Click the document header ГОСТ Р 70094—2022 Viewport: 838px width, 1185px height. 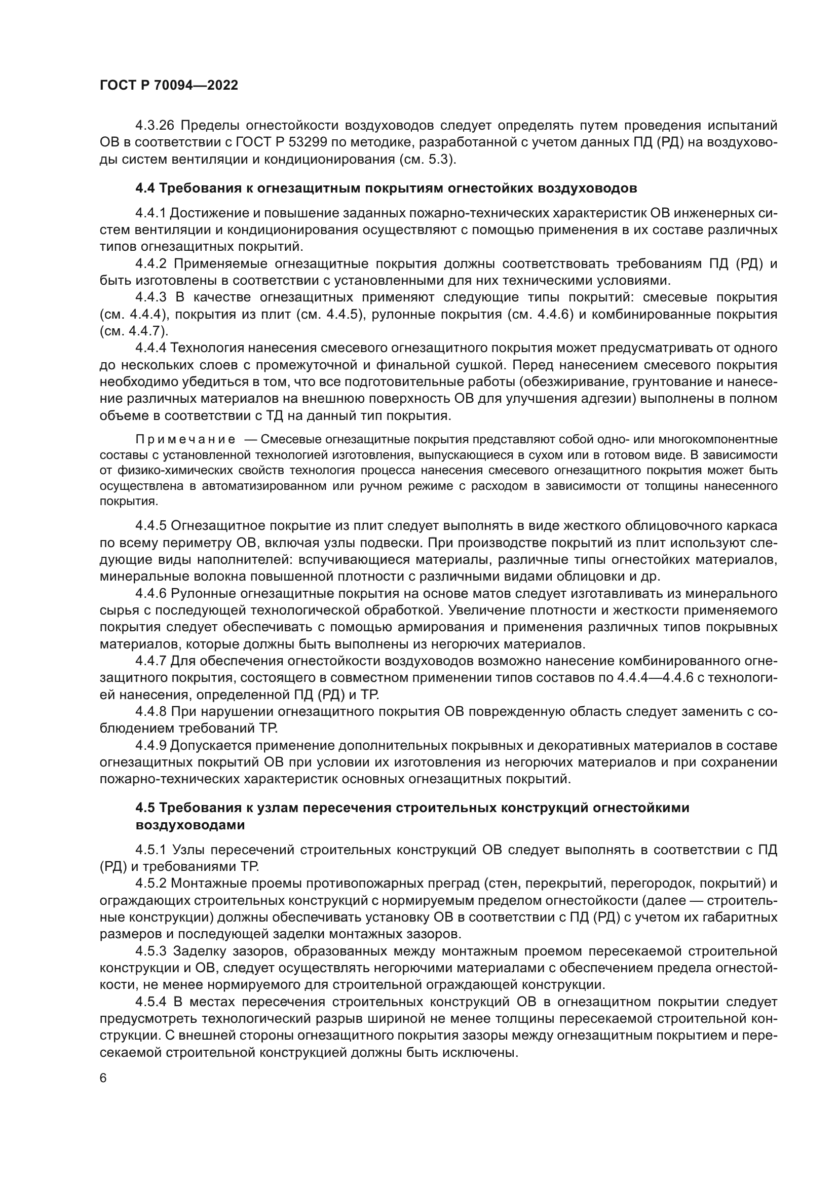pos(169,86)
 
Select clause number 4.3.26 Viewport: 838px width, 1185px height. pos(156,126)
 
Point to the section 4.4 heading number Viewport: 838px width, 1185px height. pos(145,188)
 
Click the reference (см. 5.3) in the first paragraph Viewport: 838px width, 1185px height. pos(428,160)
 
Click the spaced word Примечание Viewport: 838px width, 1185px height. pos(185,440)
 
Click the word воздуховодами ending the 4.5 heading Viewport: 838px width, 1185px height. pos(190,825)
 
